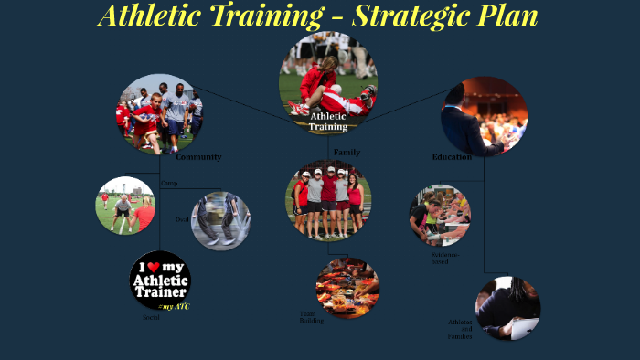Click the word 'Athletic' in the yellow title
(153, 16)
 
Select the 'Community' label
(198, 157)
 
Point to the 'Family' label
(347, 152)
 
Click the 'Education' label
(452, 157)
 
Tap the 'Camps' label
(169, 184)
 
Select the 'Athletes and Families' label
(460, 329)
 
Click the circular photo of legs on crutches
(220, 220)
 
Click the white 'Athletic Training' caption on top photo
(328, 122)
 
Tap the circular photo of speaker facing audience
(485, 116)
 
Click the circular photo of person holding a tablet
(507, 308)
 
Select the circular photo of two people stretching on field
(125, 206)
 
